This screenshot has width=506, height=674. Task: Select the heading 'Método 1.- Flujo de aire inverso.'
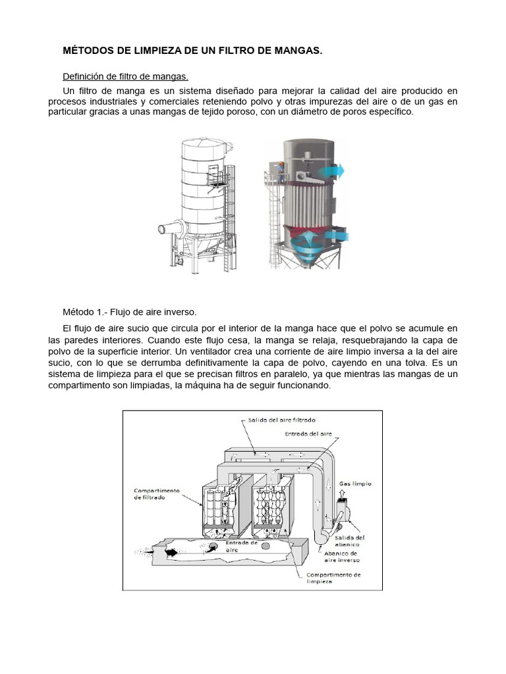point(130,311)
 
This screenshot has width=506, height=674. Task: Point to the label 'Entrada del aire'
point(308,434)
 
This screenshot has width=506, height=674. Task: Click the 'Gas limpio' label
point(355,484)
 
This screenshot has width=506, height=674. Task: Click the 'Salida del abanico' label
point(350,541)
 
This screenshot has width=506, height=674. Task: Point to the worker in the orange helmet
point(281,170)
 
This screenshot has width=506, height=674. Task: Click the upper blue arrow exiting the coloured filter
point(331,171)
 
